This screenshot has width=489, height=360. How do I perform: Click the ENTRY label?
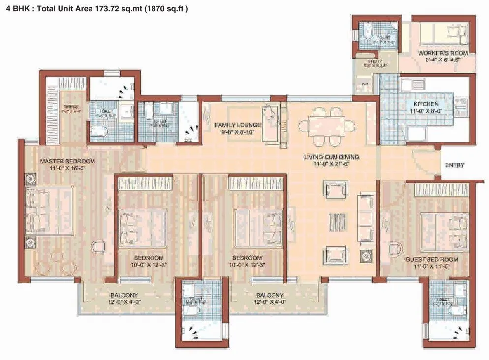click(454, 165)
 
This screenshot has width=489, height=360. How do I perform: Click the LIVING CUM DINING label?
click(331, 157)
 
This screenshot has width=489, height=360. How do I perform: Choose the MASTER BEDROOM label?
click(67, 161)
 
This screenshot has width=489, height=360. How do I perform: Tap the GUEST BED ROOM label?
click(431, 259)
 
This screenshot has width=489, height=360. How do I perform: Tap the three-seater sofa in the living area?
click(366, 217)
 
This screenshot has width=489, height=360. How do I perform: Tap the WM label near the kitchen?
click(365, 84)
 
